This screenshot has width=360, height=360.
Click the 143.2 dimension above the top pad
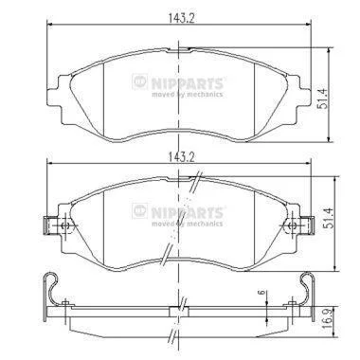point(181,18)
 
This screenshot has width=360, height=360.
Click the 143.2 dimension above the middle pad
point(181,157)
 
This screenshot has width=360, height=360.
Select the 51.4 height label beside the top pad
point(322,99)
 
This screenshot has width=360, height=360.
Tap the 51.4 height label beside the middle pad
point(331,218)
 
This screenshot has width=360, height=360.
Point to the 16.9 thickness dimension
point(328,319)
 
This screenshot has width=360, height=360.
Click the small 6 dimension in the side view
point(261,293)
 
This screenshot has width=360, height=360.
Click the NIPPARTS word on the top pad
point(188,83)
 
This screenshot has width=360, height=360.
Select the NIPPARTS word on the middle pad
point(188,213)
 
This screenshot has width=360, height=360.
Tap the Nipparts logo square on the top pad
point(140,81)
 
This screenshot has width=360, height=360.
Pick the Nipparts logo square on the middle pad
point(140,211)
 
